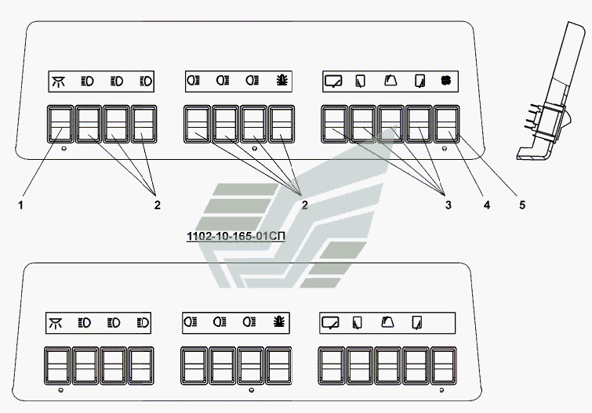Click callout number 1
[20, 205]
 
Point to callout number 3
[449, 205]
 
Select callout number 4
[487, 205]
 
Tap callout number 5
[522, 205]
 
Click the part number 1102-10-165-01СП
[236, 237]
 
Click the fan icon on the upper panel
[446, 81]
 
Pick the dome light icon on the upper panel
[59, 82]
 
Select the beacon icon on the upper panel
[282, 81]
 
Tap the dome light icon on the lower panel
[56, 323]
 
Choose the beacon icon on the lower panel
[279, 322]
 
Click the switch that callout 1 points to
[60, 124]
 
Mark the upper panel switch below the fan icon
[447, 124]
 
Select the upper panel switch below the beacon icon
[281, 124]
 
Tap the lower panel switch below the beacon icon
[278, 366]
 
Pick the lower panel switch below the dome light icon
[57, 366]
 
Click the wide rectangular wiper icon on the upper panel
[333, 82]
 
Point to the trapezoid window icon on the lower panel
[387, 322]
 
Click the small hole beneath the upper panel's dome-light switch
[64, 149]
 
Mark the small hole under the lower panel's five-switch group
[441, 390]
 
